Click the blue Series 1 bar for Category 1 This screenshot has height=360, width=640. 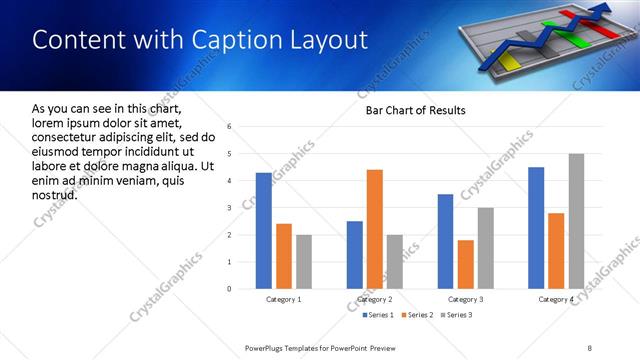pos(263,231)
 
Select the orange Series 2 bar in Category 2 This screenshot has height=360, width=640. pos(375,229)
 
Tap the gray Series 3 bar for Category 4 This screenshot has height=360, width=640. pos(576,221)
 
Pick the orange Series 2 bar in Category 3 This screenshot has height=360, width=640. pos(465,264)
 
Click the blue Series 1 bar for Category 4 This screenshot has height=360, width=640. pos(536,228)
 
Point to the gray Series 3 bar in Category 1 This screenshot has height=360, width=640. pos(303,262)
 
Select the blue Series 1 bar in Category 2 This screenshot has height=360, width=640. pos(355,255)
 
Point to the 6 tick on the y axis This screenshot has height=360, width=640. pos(230,127)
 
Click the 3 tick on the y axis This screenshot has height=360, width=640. pos(230,208)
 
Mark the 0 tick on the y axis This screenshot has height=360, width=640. pos(230,289)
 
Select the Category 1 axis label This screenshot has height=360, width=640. pos(283,299)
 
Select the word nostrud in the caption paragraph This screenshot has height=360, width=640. pos(55,194)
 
